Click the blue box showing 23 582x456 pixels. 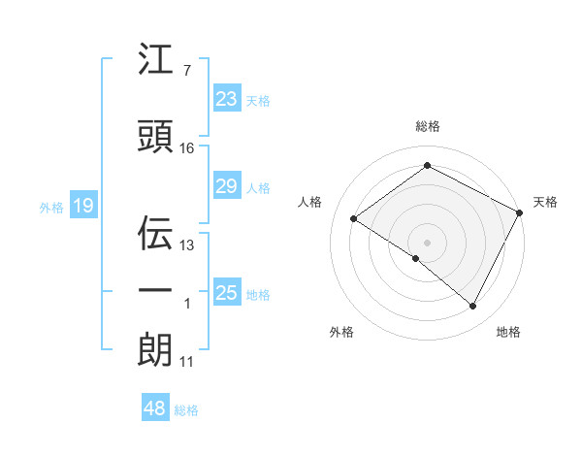click(x=226, y=99)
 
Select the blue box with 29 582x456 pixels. click(x=226, y=186)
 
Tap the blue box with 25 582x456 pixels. click(x=226, y=293)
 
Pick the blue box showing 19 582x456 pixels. click(x=82, y=205)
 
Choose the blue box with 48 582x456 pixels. click(x=155, y=408)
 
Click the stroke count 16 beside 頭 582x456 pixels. click(x=187, y=148)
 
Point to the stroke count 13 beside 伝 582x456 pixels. click(x=187, y=245)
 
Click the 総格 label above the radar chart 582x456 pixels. click(x=427, y=126)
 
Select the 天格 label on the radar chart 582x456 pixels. click(x=545, y=202)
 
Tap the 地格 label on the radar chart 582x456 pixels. click(x=508, y=332)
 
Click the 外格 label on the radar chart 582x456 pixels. click(x=341, y=332)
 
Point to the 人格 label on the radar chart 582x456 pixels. click(x=310, y=202)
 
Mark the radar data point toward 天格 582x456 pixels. click(x=520, y=212)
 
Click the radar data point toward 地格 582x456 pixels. click(x=473, y=306)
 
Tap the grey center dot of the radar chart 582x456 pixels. click(x=427, y=242)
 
